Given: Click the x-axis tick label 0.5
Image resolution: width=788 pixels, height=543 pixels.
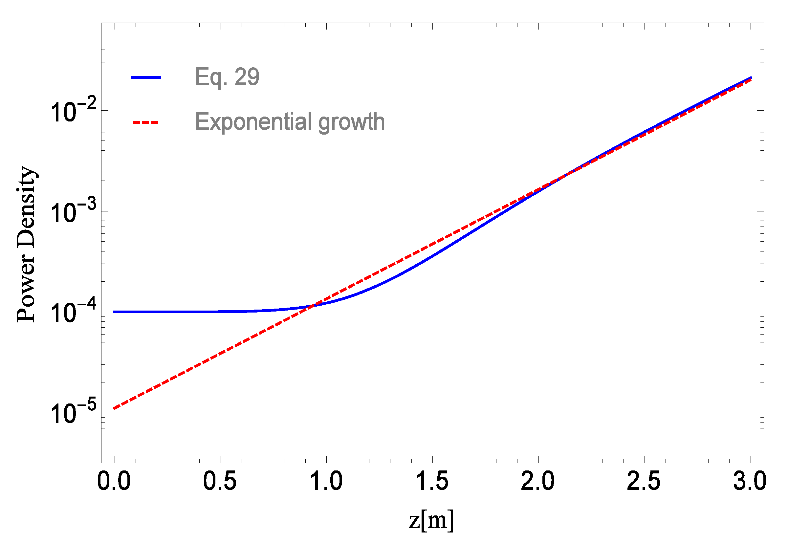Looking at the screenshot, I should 220,482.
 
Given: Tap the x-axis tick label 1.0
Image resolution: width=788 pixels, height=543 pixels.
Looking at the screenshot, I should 326,482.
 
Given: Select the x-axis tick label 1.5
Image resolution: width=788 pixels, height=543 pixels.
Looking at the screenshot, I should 432,482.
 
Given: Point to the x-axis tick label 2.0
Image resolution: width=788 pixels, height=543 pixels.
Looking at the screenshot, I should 537,482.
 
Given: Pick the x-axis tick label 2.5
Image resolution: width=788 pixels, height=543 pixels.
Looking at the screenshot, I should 644,482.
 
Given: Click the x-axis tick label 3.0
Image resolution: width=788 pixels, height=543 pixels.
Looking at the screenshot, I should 750,482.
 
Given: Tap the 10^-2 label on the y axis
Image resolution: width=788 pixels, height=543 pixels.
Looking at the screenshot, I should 73,111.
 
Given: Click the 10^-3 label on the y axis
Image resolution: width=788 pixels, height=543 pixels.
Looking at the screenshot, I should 73,212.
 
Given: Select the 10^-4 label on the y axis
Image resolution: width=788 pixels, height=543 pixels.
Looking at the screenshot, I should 73,312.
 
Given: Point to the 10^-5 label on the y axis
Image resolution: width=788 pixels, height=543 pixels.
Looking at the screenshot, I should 73,412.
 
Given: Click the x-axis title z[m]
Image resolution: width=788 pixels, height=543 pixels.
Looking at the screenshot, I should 431,521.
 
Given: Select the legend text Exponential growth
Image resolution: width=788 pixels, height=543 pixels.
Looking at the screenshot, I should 290,121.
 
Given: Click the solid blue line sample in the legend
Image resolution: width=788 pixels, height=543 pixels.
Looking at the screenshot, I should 146,78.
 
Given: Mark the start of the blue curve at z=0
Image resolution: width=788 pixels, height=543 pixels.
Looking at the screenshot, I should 114,312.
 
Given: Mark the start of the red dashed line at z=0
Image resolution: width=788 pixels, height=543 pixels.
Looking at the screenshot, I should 114,408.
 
